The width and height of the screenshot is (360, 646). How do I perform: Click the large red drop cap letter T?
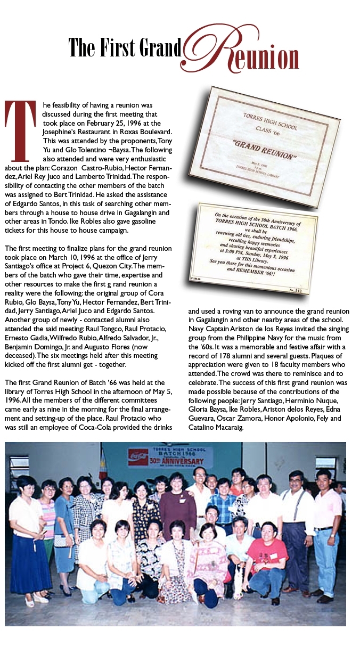[20, 130]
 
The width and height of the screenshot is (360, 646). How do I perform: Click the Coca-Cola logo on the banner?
[138, 456]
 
